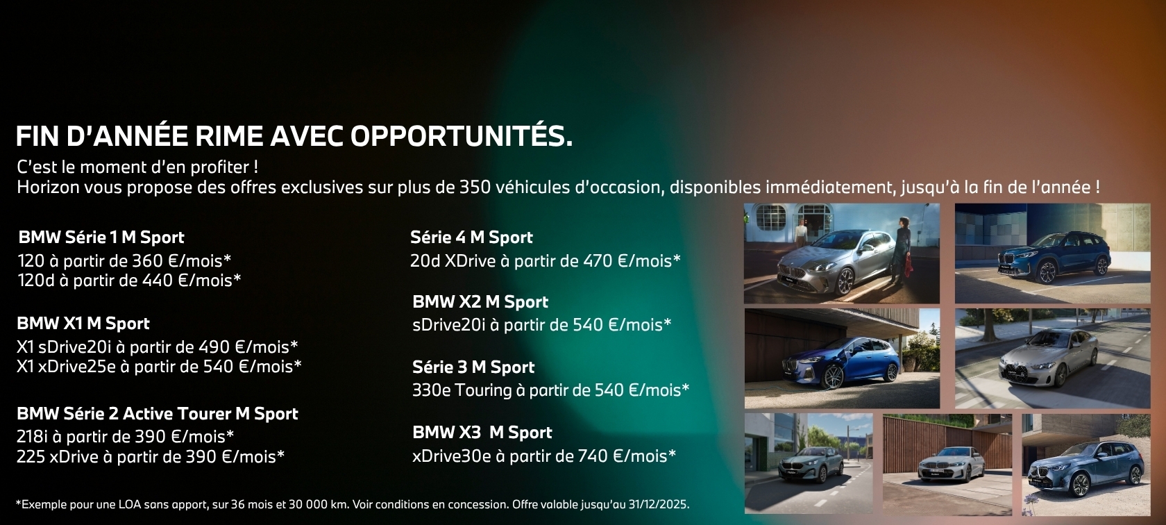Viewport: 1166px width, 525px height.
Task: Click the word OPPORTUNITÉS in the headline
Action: [x=461, y=136]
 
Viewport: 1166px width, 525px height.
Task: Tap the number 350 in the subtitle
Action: [x=475, y=187]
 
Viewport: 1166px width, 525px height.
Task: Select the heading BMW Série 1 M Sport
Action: [x=101, y=237]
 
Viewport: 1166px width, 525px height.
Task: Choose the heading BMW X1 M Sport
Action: [x=83, y=324]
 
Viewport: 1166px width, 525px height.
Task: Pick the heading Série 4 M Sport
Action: [x=472, y=237]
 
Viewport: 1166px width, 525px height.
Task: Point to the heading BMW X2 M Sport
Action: [x=480, y=301]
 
